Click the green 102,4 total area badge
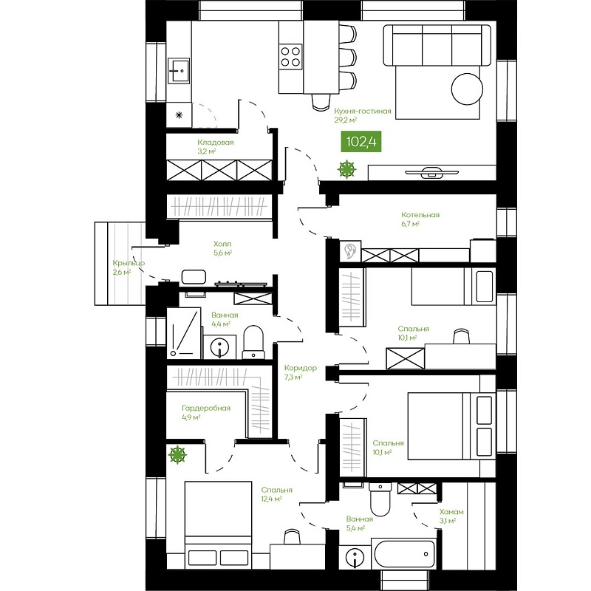click(361, 141)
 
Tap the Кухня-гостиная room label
click(363, 112)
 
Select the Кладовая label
click(216, 143)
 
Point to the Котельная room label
click(420, 215)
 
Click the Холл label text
click(222, 244)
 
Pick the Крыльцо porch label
click(129, 263)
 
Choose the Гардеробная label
click(206, 409)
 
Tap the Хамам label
click(451, 512)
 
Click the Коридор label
click(301, 368)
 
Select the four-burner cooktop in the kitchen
click(290, 57)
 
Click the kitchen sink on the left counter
click(179, 70)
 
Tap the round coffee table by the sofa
click(467, 89)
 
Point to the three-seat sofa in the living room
click(437, 45)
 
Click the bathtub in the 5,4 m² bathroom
click(403, 553)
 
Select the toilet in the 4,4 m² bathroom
click(253, 342)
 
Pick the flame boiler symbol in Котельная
click(350, 251)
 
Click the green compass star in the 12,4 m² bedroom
click(177, 454)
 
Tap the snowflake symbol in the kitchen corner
click(179, 115)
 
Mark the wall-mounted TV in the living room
click(432, 172)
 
